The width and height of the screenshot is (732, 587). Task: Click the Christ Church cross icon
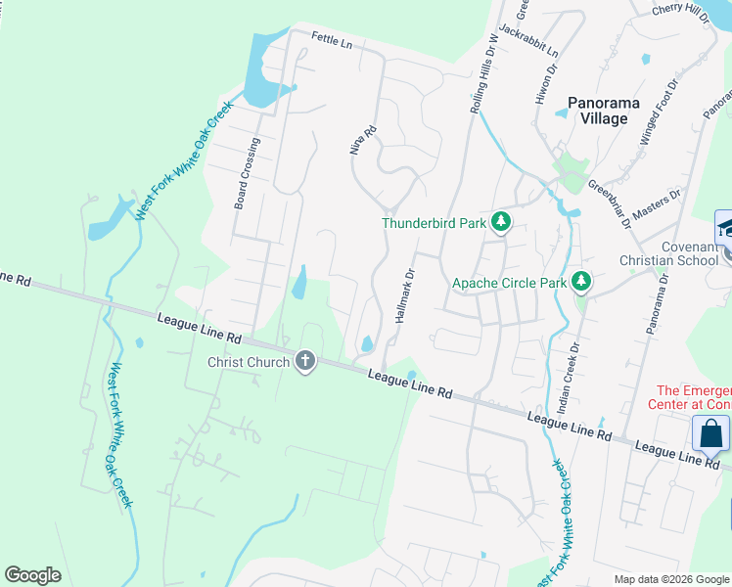(x=305, y=362)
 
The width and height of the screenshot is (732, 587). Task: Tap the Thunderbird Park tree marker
(x=501, y=222)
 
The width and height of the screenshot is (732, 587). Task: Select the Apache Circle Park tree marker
(x=581, y=283)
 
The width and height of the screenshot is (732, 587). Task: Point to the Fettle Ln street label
(x=332, y=40)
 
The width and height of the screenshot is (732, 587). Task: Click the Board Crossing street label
(x=247, y=173)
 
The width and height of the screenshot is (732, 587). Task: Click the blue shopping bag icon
(x=711, y=433)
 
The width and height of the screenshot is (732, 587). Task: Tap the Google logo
(x=32, y=575)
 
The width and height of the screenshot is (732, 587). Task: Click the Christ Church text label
(x=249, y=362)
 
